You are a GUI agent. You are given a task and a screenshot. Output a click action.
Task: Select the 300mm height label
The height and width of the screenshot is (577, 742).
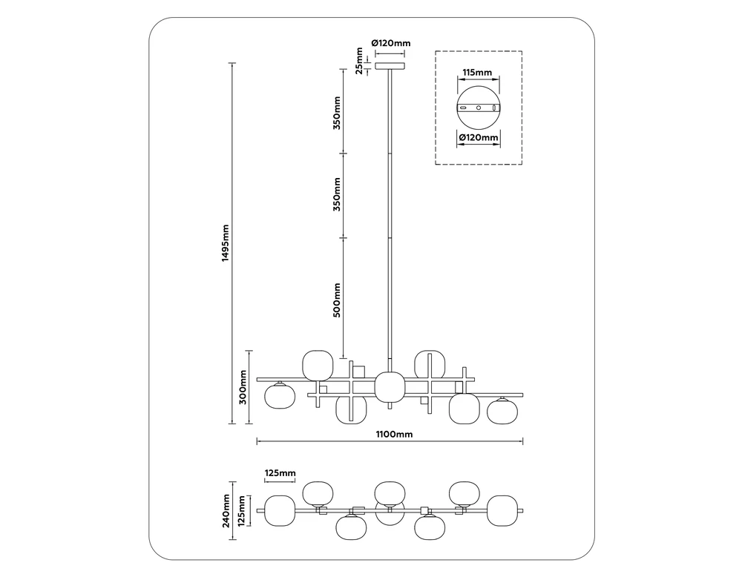(x=243, y=386)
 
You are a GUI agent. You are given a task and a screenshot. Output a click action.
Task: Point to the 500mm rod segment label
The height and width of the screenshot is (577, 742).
(x=337, y=300)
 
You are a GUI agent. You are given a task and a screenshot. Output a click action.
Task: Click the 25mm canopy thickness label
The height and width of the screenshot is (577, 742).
(x=359, y=61)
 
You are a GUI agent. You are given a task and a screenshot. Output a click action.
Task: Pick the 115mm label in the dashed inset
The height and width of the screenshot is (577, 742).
(x=477, y=73)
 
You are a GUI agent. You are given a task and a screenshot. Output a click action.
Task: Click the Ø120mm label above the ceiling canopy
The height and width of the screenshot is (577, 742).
(x=390, y=43)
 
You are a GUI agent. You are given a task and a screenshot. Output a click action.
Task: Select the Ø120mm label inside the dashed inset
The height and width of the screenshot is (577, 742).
(x=478, y=138)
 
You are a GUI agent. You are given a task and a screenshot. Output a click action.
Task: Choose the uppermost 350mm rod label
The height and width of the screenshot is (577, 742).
(x=337, y=112)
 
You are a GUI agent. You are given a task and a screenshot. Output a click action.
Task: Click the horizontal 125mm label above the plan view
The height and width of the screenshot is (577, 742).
(x=280, y=473)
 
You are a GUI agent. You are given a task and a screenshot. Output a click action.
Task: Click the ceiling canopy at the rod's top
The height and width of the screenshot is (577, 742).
(x=390, y=67)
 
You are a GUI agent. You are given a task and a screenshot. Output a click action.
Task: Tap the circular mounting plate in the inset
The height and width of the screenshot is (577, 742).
(x=479, y=108)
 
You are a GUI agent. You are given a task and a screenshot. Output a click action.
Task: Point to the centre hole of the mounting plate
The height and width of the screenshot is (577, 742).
(x=479, y=108)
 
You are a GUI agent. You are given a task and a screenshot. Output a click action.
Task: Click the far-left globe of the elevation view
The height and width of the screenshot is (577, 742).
(x=280, y=397)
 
